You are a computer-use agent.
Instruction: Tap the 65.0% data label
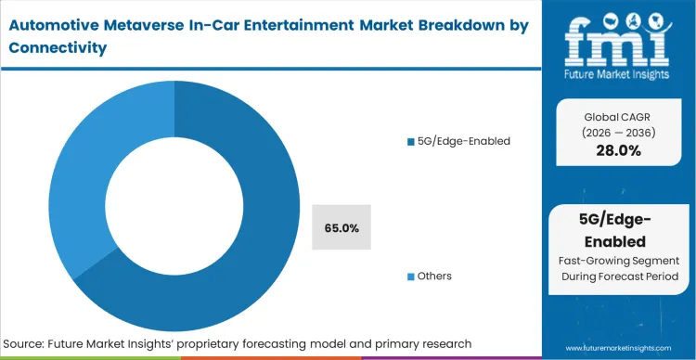click(x=341, y=227)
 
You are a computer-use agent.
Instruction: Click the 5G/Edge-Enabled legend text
click(x=458, y=141)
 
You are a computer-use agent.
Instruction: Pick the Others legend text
click(x=435, y=276)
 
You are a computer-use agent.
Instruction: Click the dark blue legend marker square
click(x=411, y=142)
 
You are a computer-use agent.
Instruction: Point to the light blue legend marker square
click(x=411, y=276)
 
